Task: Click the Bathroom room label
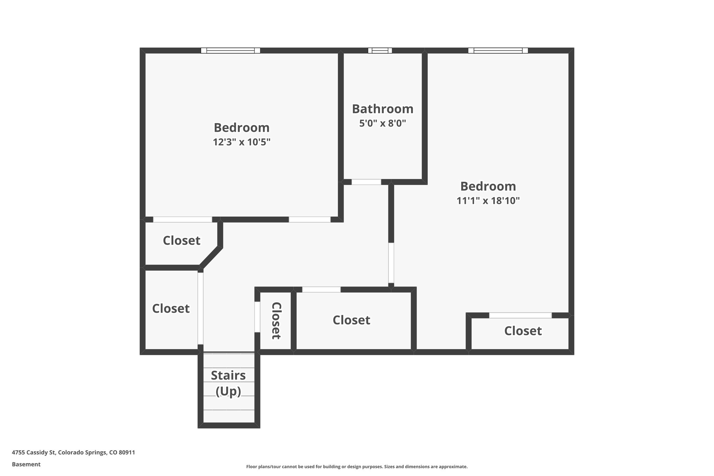click(382, 109)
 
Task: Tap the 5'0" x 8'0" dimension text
click(382, 123)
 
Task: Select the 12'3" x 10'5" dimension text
click(242, 142)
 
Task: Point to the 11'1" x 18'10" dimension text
click(488, 201)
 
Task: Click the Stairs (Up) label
click(228, 383)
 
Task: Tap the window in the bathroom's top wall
click(380, 51)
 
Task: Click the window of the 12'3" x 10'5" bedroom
click(230, 51)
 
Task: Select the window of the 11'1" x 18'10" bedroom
click(498, 51)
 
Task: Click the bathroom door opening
click(366, 182)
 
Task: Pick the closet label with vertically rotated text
click(276, 320)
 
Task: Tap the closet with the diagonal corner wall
click(182, 241)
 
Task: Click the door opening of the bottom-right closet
click(520, 316)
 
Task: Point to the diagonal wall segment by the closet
click(211, 257)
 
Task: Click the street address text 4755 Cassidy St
click(73, 453)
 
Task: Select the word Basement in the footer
click(26, 464)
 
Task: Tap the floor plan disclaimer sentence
click(357, 467)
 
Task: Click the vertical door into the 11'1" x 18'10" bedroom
click(391, 263)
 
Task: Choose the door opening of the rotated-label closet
click(257, 317)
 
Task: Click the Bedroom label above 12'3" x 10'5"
click(242, 128)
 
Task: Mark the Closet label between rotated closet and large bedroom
click(351, 320)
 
